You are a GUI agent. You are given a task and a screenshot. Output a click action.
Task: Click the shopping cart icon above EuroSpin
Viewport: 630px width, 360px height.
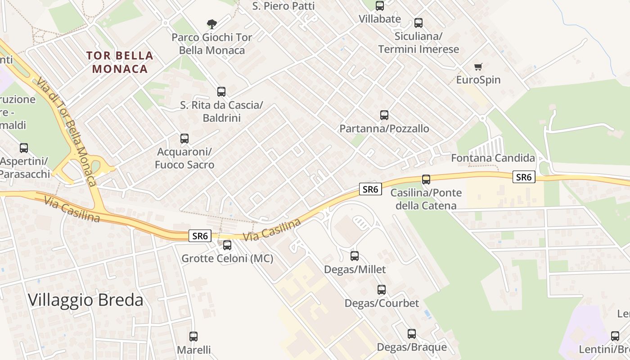pyautogui.click(x=478, y=67)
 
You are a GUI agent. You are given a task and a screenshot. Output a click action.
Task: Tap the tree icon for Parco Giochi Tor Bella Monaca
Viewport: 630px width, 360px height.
pyautogui.click(x=211, y=24)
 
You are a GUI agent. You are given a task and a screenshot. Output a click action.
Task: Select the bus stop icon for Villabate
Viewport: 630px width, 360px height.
pyautogui.click(x=380, y=6)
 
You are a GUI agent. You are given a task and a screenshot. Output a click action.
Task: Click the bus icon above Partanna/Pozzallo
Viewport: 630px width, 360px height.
pyautogui.click(x=384, y=115)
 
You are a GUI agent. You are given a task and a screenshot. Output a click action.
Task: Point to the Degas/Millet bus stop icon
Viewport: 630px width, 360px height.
pyautogui.click(x=355, y=256)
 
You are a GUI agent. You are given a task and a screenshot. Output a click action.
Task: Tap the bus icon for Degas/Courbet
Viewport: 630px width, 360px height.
pyautogui.click(x=382, y=290)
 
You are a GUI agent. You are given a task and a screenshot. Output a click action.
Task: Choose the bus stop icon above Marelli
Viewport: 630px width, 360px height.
pyautogui.click(x=193, y=336)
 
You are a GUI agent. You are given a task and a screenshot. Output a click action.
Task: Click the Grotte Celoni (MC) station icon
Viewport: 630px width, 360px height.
pyautogui.click(x=227, y=245)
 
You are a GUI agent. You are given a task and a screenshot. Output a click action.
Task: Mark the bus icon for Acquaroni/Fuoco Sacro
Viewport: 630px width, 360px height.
pyautogui.click(x=184, y=139)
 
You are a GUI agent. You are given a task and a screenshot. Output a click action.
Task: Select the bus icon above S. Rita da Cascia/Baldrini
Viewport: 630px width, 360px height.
pyautogui.click(x=221, y=92)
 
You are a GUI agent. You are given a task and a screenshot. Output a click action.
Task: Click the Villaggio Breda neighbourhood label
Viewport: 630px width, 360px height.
pyautogui.click(x=85, y=300)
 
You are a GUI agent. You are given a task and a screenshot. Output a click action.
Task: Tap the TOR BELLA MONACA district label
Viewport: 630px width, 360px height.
pyautogui.click(x=120, y=62)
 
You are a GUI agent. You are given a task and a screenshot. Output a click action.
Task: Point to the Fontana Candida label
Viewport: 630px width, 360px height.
pyautogui.click(x=493, y=158)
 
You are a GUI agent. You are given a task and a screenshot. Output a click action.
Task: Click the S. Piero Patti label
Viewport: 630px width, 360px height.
pyautogui.click(x=283, y=6)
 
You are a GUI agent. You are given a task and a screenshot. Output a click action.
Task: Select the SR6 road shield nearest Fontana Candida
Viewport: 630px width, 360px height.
pyautogui.click(x=524, y=177)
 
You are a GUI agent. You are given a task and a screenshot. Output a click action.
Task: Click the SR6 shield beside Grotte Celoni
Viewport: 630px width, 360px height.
pyautogui.click(x=200, y=235)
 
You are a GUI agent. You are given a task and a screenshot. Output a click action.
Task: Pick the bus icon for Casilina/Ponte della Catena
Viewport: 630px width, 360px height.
pyautogui.click(x=426, y=180)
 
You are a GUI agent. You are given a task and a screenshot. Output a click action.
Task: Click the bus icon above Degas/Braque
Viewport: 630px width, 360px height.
pyautogui.click(x=412, y=334)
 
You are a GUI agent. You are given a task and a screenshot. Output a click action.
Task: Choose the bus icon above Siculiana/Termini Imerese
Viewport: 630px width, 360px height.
pyautogui.click(x=418, y=23)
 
